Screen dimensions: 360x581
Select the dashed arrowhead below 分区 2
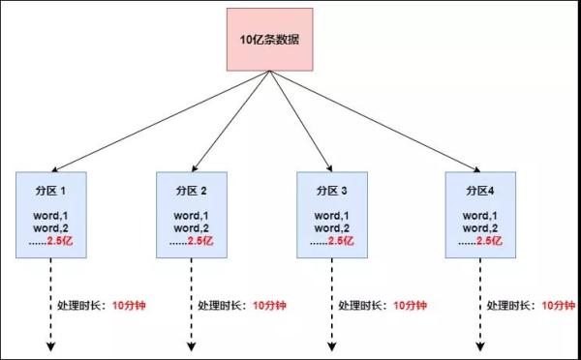tap(191, 347)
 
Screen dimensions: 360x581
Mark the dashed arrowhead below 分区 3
tap(332, 347)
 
